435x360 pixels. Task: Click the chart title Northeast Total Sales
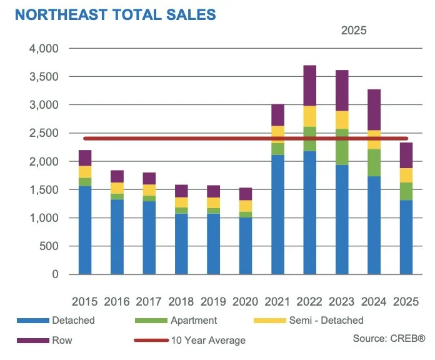pyautogui.click(x=116, y=14)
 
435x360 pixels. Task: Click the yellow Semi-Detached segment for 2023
pyautogui.click(x=343, y=119)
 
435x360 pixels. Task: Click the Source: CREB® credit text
pyautogui.click(x=389, y=338)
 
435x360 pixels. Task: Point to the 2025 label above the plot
pyautogui.click(x=354, y=29)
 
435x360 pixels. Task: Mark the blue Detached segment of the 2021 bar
pyautogui.click(x=279, y=214)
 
